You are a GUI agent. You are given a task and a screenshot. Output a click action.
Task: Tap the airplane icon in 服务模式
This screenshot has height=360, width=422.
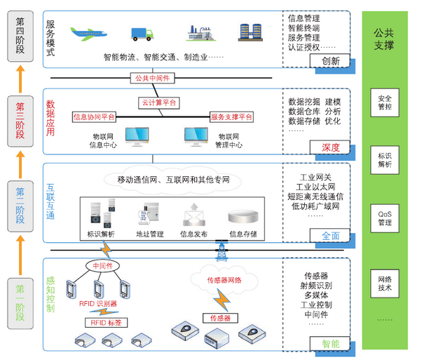pos(88,34)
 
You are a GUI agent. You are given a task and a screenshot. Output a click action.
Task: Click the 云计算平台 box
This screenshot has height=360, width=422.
pos(158,102)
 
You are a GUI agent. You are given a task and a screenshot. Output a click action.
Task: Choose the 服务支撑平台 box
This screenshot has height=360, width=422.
pos(232,117)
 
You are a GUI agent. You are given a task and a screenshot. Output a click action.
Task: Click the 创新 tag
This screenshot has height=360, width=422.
pos(330,61)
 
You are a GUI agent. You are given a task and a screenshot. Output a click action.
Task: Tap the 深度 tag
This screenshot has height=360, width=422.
pos(330,147)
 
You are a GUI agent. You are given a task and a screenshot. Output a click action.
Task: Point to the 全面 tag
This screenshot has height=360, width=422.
pos(330,236)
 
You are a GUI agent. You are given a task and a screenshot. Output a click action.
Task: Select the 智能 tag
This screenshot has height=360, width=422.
pos(330,344)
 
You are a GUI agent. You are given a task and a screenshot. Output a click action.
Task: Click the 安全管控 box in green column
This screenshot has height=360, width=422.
pos(385,102)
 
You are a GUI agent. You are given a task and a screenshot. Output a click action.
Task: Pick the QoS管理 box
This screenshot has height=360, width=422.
pos(385,219)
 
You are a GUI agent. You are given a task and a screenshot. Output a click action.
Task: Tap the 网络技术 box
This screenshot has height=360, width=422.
pos(385,283)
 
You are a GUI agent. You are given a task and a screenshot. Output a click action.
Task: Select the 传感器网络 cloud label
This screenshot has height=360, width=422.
pos(224,280)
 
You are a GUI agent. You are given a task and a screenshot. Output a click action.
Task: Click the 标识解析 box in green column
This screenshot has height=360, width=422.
pos(385,161)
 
